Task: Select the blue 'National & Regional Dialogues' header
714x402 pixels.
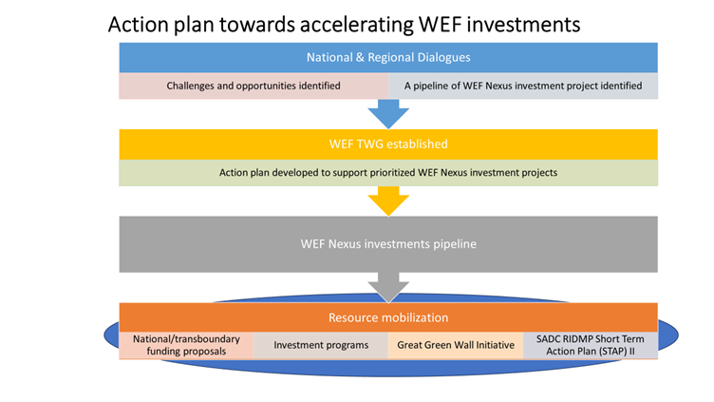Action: click(x=387, y=57)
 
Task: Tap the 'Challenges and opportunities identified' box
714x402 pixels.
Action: click(x=254, y=86)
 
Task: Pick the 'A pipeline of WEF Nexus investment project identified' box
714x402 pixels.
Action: click(x=522, y=86)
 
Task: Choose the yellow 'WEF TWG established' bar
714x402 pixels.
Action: click(x=387, y=144)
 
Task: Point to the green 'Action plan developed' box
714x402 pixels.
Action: click(x=387, y=172)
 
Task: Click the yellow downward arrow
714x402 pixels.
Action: click(x=387, y=201)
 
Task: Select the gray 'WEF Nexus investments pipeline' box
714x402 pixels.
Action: click(x=387, y=244)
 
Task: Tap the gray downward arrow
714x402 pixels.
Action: click(x=387, y=287)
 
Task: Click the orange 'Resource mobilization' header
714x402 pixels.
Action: click(x=387, y=317)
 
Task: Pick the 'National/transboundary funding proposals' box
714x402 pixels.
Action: click(x=186, y=345)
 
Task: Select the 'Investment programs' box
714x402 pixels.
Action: click(x=321, y=345)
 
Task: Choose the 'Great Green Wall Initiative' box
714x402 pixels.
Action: click(x=455, y=345)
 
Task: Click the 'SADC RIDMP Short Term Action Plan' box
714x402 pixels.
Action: click(x=590, y=345)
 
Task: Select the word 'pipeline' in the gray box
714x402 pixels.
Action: click(x=452, y=244)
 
